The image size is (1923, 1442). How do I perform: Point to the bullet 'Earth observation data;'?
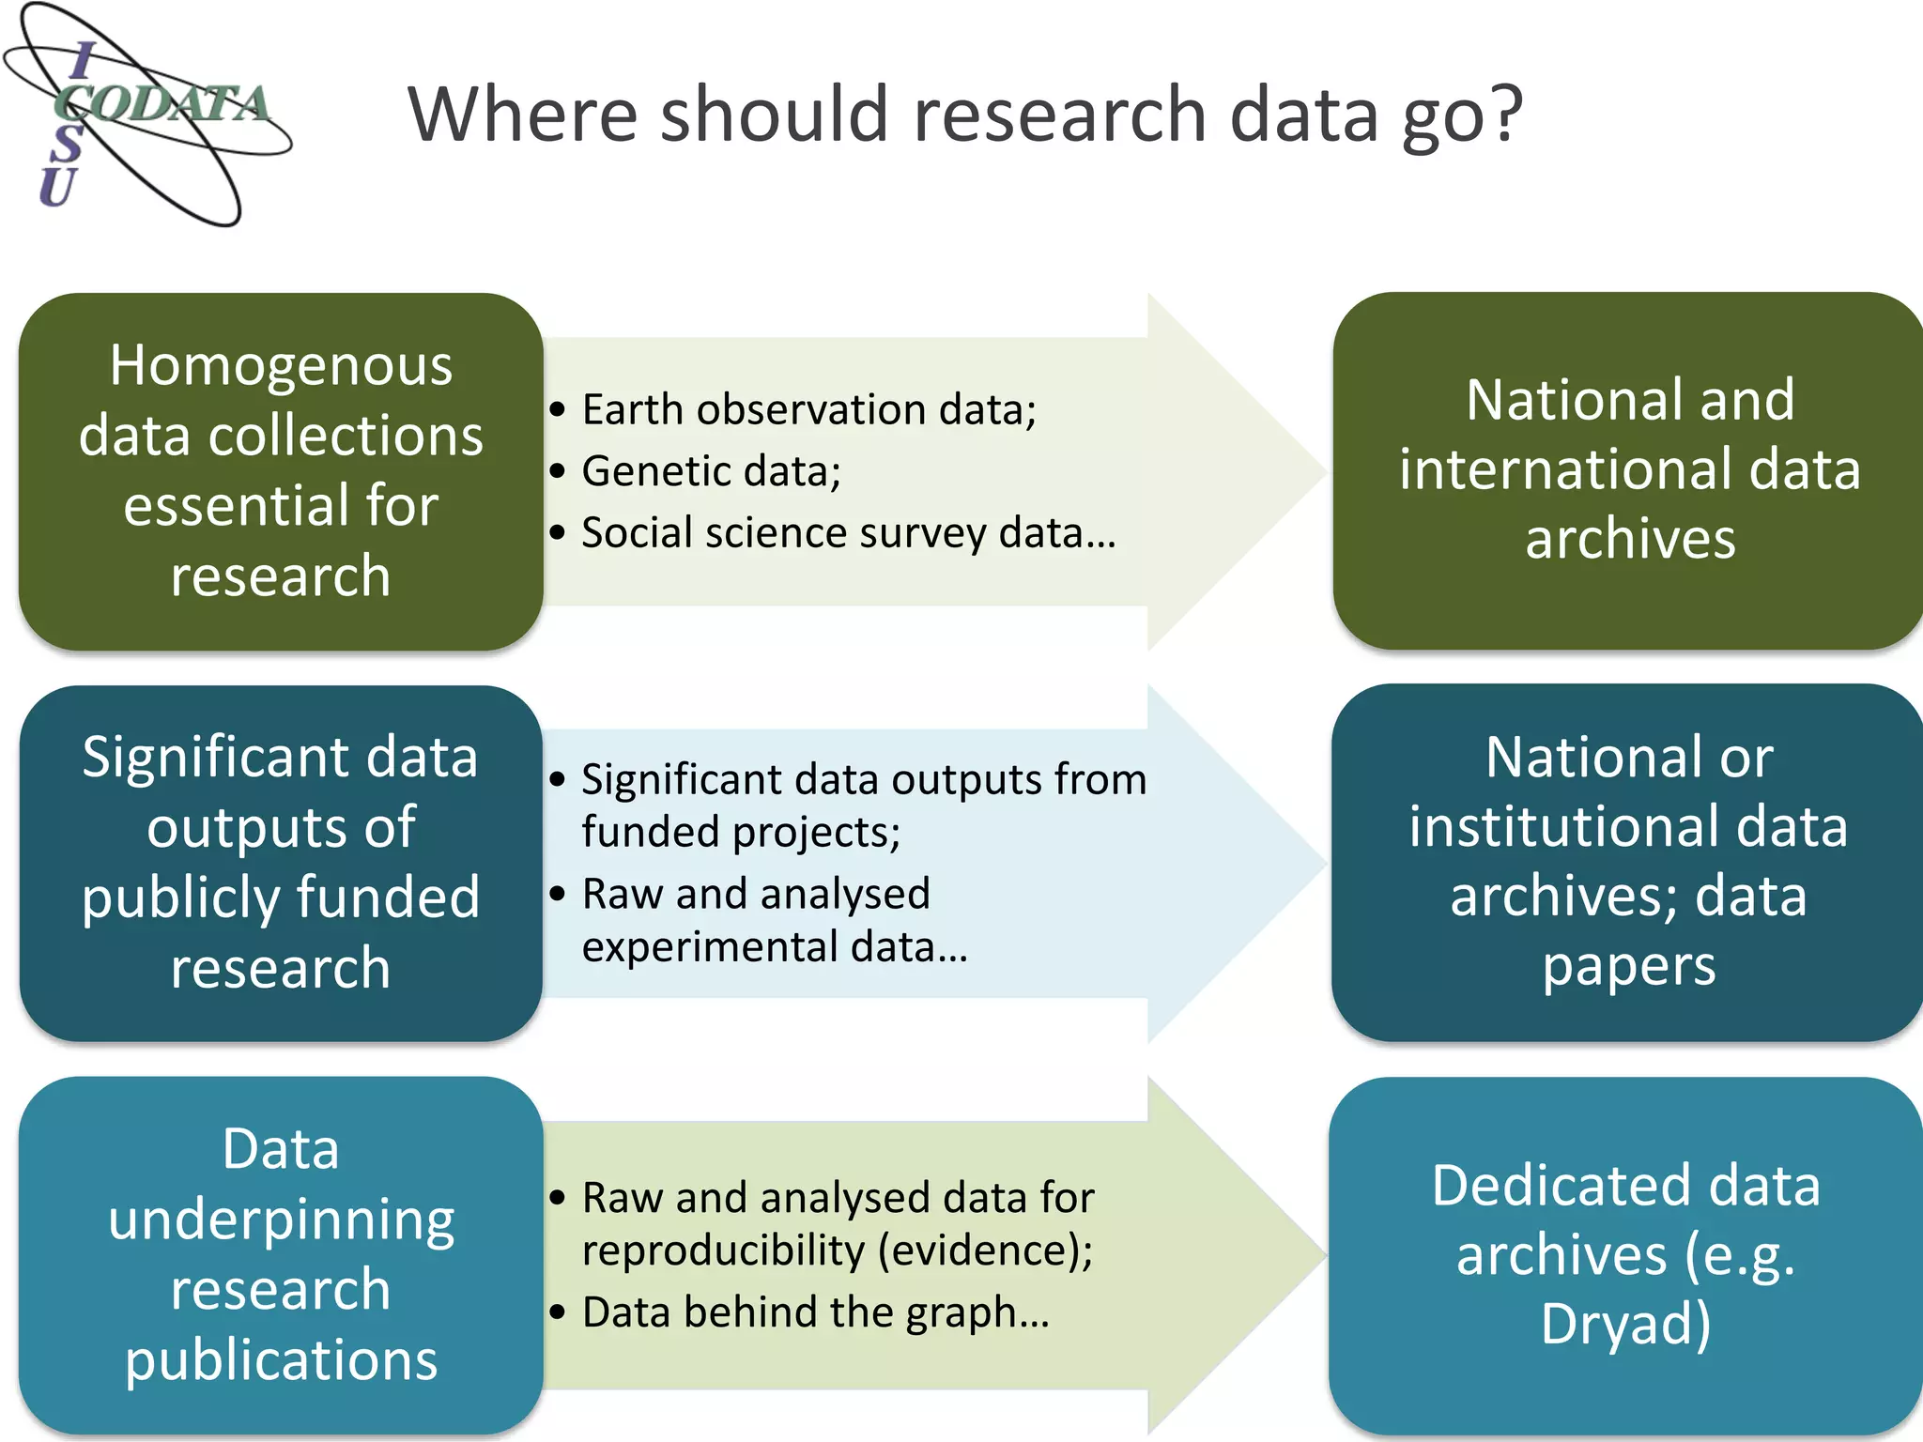point(808,409)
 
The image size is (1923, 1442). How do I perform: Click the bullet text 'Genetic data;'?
point(711,470)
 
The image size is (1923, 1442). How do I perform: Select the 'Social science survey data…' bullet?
point(848,532)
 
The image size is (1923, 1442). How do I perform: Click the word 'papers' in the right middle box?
point(1629,967)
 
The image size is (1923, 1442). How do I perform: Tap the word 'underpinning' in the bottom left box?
point(281,1220)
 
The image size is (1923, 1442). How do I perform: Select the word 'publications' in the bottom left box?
point(281,1359)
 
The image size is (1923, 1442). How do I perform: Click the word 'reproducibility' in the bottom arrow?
point(723,1250)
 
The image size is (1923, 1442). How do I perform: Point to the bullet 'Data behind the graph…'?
point(815,1312)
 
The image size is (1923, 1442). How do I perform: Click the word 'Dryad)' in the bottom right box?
point(1625,1324)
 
